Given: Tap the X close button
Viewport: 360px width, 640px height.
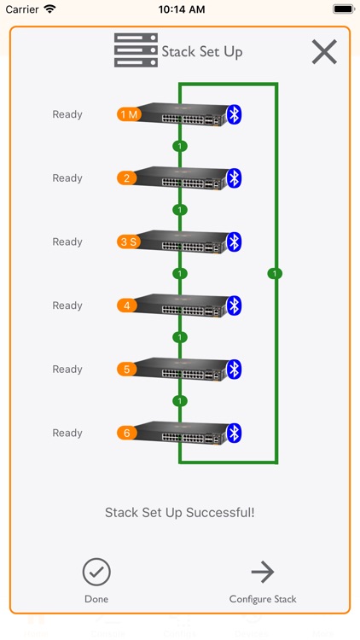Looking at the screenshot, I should [x=324, y=52].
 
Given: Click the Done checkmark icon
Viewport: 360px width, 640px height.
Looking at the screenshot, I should [x=96, y=572].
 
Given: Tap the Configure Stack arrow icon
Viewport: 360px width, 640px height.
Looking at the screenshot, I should [x=263, y=572].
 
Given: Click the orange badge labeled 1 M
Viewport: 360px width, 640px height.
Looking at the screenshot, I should [x=128, y=114].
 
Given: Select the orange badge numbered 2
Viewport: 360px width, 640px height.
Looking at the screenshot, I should [x=127, y=178].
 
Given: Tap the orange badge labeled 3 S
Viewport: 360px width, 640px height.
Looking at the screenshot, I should [x=128, y=241].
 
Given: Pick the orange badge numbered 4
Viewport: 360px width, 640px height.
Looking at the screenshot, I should [x=127, y=305].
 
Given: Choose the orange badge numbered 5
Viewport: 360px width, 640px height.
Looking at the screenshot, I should [x=127, y=369].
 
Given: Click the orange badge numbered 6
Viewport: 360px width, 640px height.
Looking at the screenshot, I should [x=127, y=433].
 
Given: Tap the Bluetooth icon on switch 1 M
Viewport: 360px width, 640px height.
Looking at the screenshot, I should [x=235, y=114].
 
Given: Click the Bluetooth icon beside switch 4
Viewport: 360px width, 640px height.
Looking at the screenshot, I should [x=235, y=305].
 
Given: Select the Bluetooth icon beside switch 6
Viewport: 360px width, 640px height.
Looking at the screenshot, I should [x=235, y=433].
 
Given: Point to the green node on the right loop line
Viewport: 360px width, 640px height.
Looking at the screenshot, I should [x=274, y=274].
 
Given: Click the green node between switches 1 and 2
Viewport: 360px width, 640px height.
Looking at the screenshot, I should [x=179, y=146].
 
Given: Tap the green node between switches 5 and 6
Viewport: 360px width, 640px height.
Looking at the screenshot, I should [x=179, y=401].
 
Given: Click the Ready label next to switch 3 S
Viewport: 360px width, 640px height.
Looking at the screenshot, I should [x=67, y=241].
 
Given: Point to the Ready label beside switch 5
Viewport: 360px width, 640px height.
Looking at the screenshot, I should [x=67, y=369].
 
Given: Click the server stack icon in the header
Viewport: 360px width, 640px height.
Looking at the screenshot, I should [x=136, y=51].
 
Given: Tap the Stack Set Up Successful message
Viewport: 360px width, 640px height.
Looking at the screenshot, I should [x=180, y=513].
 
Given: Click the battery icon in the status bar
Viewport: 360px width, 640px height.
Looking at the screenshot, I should [x=344, y=9].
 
